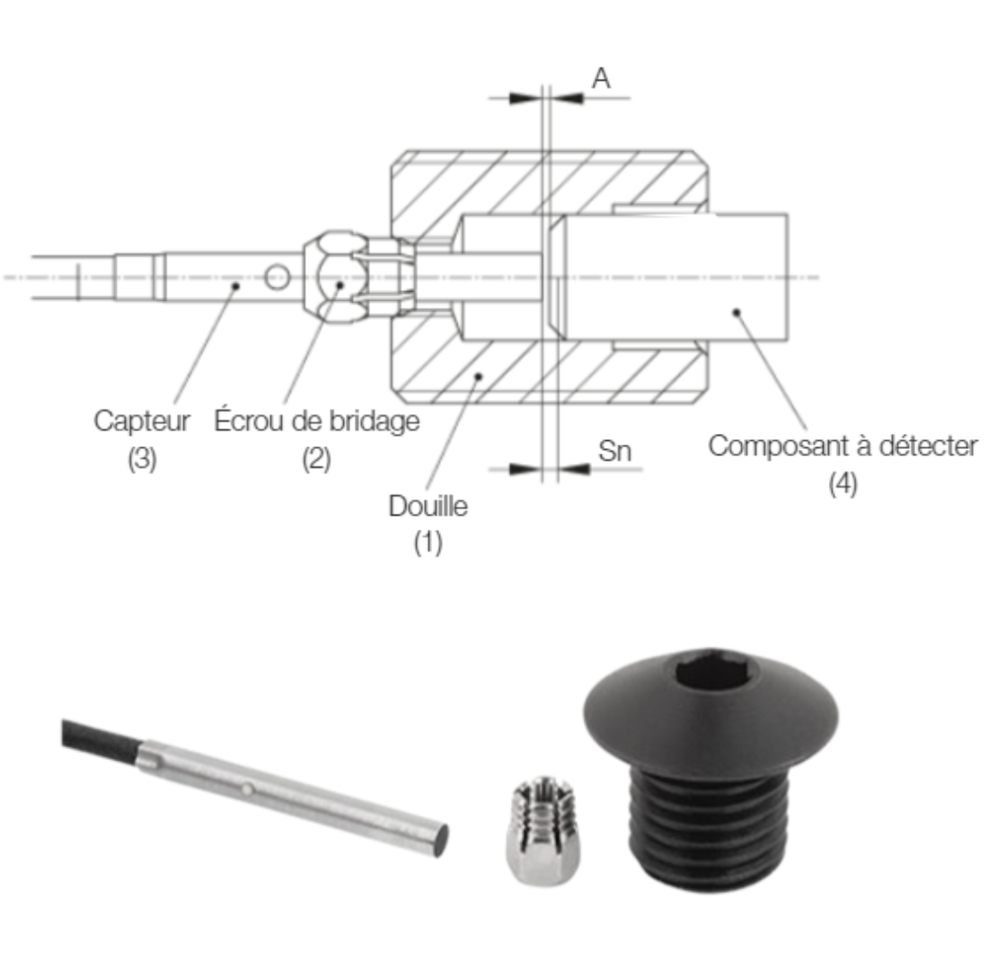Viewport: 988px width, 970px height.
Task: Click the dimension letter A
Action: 601,79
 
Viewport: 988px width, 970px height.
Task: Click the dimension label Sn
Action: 615,452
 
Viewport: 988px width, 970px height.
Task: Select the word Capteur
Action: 143,422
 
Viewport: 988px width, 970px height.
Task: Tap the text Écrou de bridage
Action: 317,422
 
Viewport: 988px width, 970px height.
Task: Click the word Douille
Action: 428,507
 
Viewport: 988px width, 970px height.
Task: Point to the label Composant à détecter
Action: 842,446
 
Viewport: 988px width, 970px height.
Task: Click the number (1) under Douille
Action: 428,543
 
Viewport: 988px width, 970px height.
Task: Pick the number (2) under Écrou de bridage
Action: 316,459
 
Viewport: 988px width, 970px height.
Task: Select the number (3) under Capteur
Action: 143,459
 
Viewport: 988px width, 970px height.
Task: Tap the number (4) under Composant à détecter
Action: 842,484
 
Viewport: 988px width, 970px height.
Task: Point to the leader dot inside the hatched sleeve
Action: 480,375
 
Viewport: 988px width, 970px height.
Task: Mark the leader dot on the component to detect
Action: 736,313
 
